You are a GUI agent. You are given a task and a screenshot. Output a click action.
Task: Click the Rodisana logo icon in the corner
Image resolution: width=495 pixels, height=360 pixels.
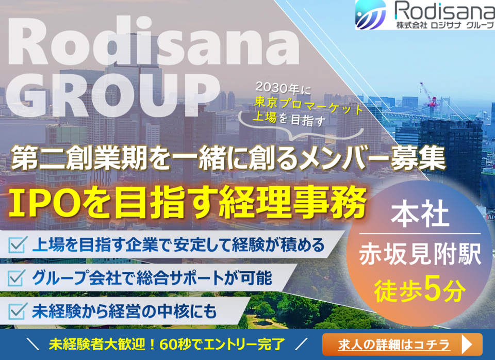click(x=371, y=14)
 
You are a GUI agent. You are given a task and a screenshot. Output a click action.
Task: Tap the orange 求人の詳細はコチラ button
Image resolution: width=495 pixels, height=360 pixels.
click(x=402, y=344)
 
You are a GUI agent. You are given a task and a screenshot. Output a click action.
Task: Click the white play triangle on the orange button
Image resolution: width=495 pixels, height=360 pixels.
click(x=467, y=345)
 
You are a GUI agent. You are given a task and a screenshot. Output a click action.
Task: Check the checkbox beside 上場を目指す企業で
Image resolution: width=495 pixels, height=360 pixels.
click(x=17, y=245)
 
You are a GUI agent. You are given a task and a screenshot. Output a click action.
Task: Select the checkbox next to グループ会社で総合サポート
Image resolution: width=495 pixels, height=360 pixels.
click(x=17, y=278)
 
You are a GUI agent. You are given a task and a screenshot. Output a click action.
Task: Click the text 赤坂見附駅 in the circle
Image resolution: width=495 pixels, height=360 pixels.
click(x=420, y=254)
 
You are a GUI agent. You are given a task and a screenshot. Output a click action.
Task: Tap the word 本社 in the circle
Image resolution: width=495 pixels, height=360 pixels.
click(x=420, y=215)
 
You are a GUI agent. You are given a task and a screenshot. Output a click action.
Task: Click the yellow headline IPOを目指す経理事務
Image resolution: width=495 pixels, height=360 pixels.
click(x=188, y=202)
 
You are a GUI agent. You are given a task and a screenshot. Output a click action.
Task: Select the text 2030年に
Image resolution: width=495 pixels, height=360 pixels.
click(x=283, y=88)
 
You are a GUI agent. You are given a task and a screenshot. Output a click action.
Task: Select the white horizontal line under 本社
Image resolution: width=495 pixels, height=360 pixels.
click(x=420, y=234)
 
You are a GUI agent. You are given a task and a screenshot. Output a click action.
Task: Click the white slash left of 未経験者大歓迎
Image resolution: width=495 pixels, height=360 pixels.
click(x=33, y=344)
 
